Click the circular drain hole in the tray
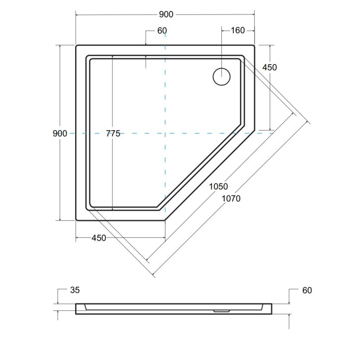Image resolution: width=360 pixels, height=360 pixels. [x=222, y=77]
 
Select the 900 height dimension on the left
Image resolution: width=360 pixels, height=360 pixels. [x=59, y=133]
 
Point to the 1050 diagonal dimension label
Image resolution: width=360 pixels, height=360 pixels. [x=218, y=187]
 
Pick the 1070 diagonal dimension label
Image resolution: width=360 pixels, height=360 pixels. [x=231, y=198]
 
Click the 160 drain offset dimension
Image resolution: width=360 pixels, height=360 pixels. [x=238, y=31]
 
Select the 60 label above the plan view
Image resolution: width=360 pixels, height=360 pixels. [x=162, y=31]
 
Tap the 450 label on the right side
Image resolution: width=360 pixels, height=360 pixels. [x=269, y=68]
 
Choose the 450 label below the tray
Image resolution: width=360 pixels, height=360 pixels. [x=98, y=238]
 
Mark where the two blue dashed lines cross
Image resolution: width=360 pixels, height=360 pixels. [x=165, y=133]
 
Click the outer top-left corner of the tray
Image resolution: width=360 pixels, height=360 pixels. [x=76, y=46]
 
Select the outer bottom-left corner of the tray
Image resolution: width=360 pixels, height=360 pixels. [x=76, y=220]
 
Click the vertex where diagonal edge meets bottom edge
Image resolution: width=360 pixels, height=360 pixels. [x=165, y=220]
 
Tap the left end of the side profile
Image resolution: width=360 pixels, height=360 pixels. [x=77, y=309]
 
